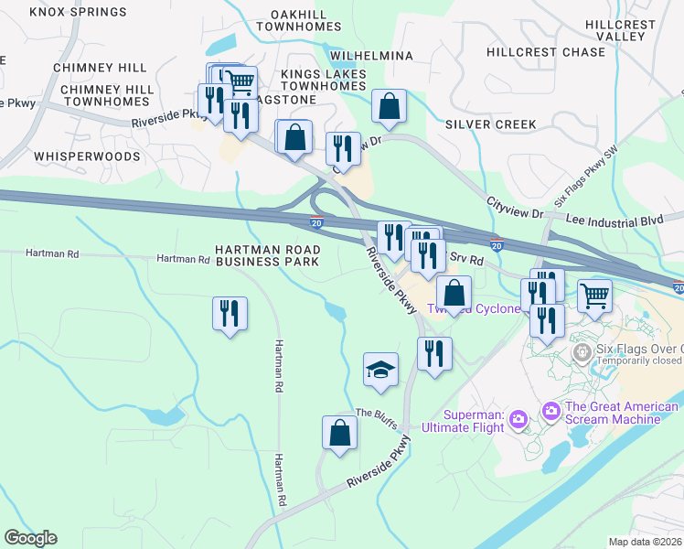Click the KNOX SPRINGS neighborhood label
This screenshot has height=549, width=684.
(78, 12)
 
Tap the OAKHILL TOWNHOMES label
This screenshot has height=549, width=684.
(312, 20)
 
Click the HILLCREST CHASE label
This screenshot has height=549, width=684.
(546, 52)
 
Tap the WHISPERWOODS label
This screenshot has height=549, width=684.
(87, 156)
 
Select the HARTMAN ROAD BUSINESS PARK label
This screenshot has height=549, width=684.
(268, 255)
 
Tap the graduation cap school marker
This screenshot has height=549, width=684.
(381, 371)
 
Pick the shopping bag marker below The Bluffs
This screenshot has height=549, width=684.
(339, 434)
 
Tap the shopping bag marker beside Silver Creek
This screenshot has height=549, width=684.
(390, 106)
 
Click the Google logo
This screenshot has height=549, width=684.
(30, 538)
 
